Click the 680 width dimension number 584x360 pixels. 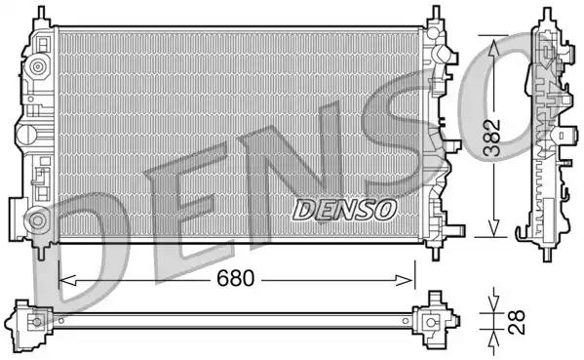[236, 278]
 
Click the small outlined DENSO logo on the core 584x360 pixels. [344, 209]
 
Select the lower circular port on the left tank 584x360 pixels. [37, 218]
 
